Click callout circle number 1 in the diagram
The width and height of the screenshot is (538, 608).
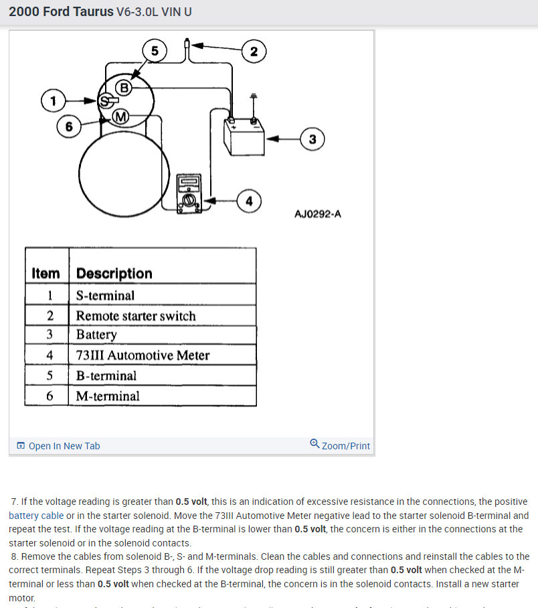pos(53,101)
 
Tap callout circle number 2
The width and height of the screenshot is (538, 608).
pos(253,52)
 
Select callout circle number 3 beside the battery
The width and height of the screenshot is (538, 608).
pos(312,139)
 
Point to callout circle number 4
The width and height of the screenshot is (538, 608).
pos(249,200)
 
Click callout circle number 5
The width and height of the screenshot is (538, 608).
pos(155,52)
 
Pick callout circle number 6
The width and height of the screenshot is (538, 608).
pos(69,127)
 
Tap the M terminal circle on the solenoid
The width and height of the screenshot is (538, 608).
pos(120,117)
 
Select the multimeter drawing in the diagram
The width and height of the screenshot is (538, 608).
pos(189,194)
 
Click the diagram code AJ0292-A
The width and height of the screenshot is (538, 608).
pos(318,214)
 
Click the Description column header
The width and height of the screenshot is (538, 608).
pos(114,273)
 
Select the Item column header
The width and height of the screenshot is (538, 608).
pos(46,273)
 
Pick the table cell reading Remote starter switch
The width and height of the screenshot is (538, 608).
pos(136,315)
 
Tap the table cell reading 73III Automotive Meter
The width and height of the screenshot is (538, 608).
pos(143,355)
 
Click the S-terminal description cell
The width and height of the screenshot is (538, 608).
pos(105,295)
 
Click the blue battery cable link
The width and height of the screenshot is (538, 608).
pos(36,516)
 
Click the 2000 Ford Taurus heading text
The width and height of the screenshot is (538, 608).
pos(61,12)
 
